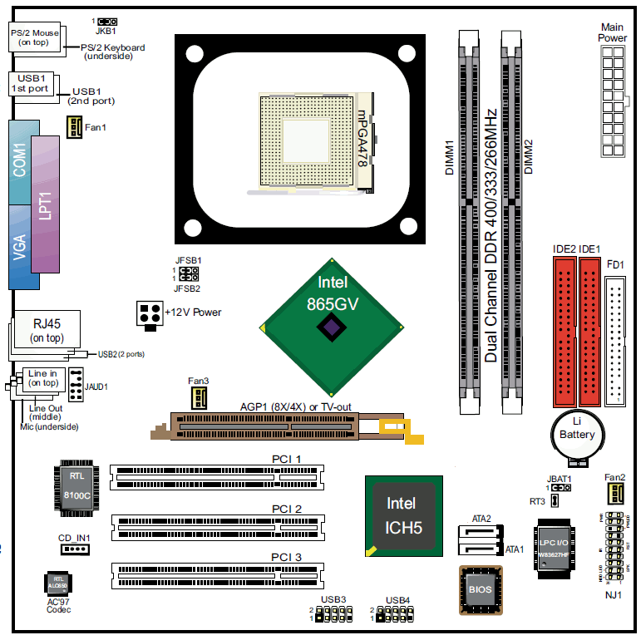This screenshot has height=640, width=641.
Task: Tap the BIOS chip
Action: point(481,589)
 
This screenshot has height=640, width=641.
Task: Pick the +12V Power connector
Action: point(149,313)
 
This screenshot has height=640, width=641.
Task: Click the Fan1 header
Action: point(73,126)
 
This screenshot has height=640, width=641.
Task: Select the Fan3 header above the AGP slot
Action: point(198,397)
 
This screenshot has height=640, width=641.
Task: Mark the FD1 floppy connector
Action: point(618,341)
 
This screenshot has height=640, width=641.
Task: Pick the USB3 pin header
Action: point(332,614)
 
